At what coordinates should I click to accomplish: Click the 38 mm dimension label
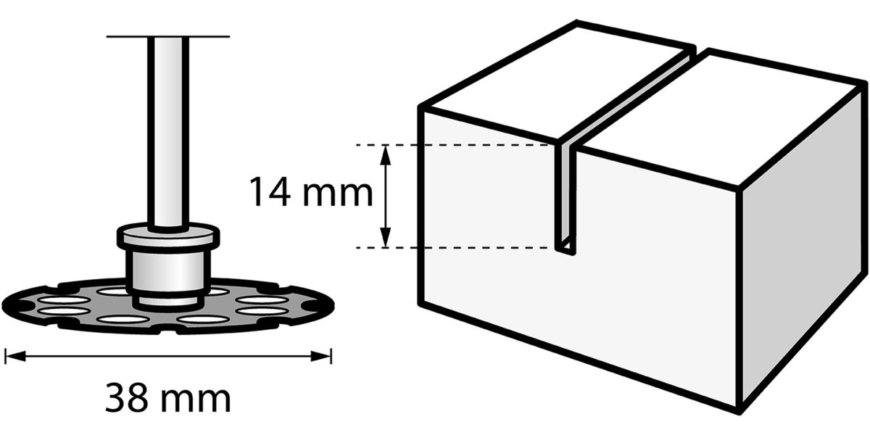[168, 398]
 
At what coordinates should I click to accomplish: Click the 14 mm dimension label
[311, 192]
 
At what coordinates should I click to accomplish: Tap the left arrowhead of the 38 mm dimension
[15, 356]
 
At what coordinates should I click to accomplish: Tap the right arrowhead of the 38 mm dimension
[320, 356]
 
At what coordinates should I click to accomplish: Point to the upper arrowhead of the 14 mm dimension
[385, 155]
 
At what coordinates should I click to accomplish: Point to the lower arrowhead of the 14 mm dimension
[385, 237]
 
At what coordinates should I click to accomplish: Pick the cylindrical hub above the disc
[168, 272]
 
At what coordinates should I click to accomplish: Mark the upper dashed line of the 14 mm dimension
[452, 145]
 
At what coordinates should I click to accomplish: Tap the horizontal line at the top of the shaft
[168, 36]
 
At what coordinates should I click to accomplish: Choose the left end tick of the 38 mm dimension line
[6, 356]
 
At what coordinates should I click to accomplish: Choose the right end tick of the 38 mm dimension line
[331, 356]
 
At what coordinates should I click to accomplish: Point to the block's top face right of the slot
[722, 117]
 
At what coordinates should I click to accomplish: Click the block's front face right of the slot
[656, 280]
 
